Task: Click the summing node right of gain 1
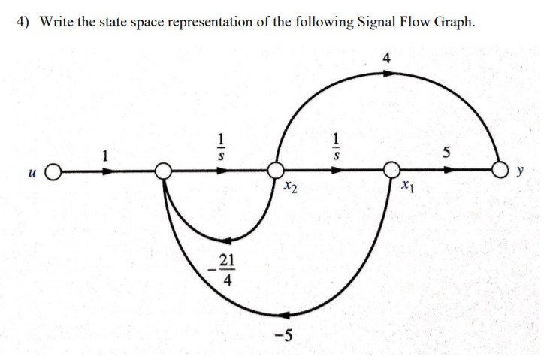pos(162,171)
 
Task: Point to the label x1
pos(406,185)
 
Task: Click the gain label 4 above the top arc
pos(386,58)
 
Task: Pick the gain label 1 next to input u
pos(106,156)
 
